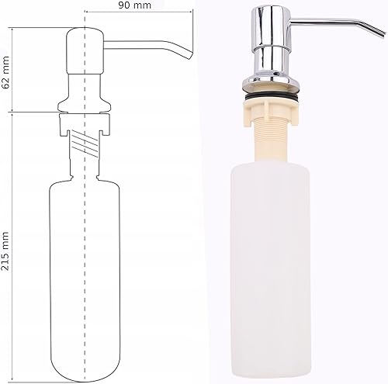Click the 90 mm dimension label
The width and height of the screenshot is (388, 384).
(135, 5)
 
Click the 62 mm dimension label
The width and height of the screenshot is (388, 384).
(5, 72)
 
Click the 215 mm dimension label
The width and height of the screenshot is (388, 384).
(5, 251)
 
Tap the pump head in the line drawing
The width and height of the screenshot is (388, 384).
(85, 50)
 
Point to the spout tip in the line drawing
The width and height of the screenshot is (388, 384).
(190, 55)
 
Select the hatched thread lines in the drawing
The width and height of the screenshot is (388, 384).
(85, 144)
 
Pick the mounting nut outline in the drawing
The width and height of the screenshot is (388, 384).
(85, 124)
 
